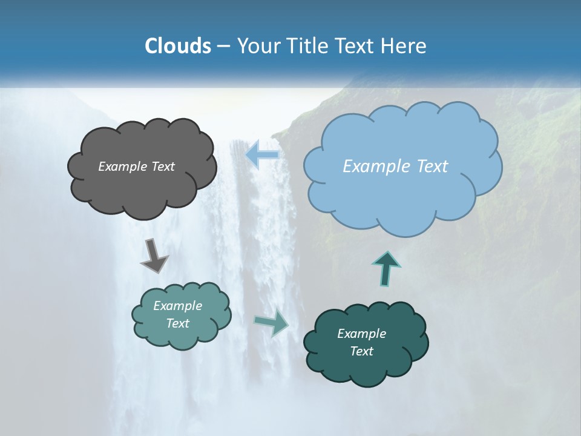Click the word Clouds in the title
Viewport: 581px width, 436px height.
(x=177, y=46)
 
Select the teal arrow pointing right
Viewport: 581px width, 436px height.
(x=272, y=323)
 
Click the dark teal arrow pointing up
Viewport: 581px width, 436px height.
(x=387, y=269)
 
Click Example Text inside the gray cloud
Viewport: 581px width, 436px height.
(x=137, y=167)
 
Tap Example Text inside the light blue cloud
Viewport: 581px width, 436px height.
(x=396, y=167)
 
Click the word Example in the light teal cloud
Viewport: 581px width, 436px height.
(x=178, y=306)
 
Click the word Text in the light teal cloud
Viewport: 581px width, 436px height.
(x=178, y=323)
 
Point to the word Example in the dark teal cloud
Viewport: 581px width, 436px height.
(x=362, y=334)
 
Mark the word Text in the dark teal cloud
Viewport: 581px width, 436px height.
(x=362, y=351)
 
